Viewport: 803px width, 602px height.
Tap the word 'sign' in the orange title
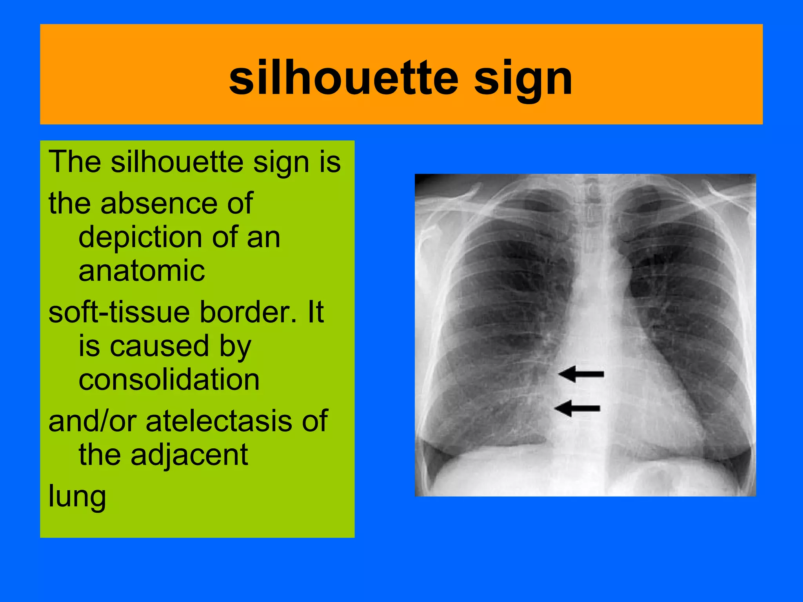523,80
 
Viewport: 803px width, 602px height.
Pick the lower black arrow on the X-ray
578,408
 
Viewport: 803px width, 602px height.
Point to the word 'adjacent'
189,455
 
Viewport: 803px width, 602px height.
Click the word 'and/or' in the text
93,421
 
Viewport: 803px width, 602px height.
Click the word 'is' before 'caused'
89,346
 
